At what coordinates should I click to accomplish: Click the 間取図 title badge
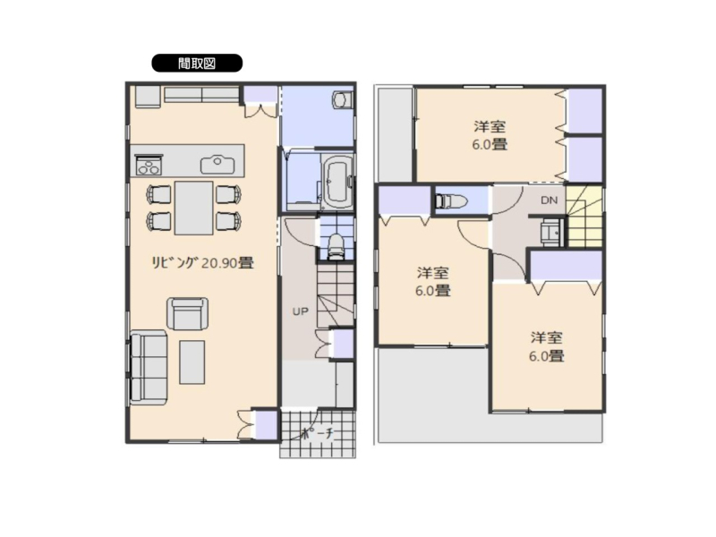(197, 63)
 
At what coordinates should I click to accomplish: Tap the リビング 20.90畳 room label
(202, 262)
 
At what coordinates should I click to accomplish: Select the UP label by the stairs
(300, 311)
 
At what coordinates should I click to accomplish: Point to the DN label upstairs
(549, 200)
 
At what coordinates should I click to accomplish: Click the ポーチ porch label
(318, 433)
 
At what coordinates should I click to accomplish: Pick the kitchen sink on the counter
(217, 165)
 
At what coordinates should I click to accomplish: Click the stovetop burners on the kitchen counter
(149, 165)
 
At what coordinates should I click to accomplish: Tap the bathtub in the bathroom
(338, 180)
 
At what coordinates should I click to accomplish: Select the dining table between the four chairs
(194, 208)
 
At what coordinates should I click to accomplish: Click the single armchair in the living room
(187, 313)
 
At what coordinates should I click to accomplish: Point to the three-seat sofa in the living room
(149, 367)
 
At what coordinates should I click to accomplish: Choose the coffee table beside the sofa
(192, 362)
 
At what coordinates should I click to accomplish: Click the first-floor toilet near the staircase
(337, 247)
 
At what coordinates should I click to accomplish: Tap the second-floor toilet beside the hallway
(451, 200)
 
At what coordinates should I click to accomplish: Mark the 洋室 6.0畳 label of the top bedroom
(490, 135)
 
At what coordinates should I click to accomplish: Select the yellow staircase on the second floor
(585, 216)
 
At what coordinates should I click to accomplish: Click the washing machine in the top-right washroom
(343, 99)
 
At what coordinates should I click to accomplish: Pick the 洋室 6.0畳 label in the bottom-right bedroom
(546, 346)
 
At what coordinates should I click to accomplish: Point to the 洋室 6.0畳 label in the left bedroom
(432, 282)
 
